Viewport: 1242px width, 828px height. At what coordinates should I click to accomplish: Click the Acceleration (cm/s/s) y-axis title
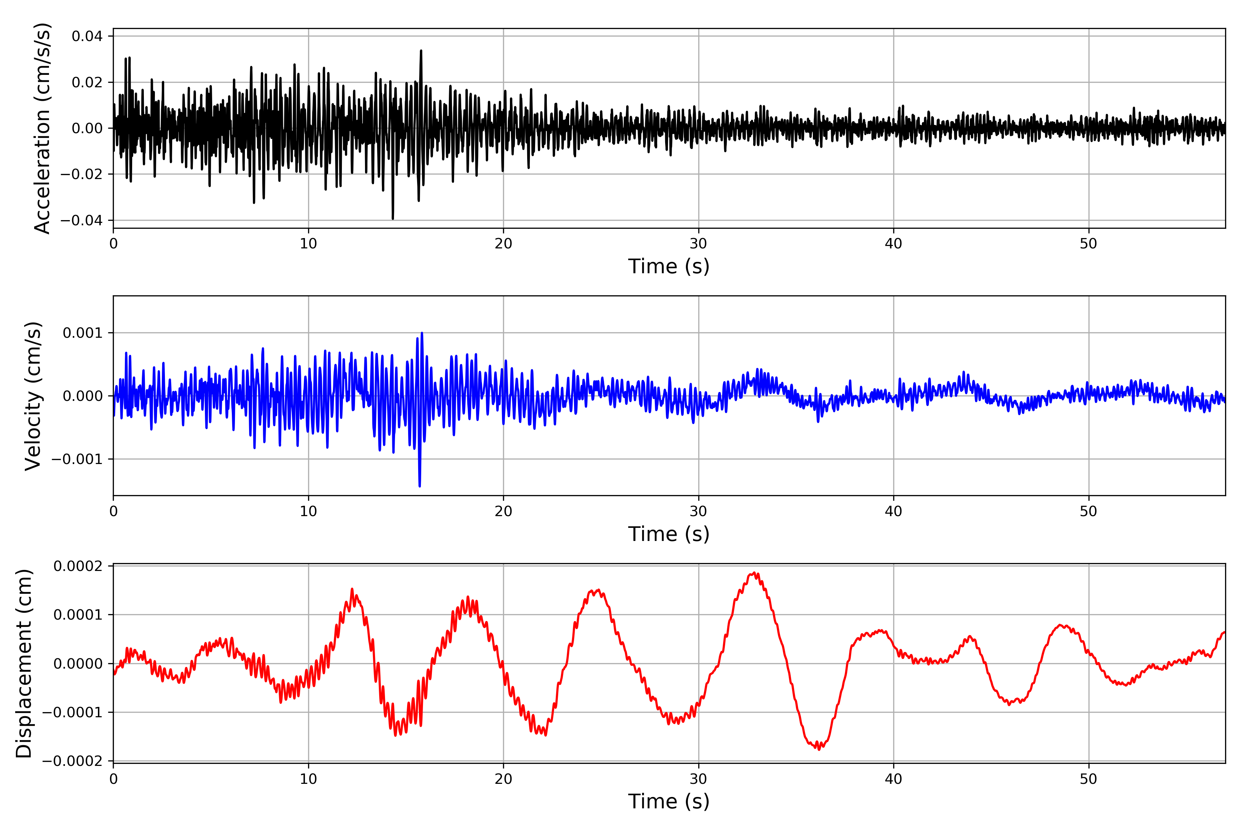[x=42, y=128]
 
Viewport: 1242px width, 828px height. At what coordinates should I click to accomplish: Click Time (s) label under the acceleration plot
[x=669, y=266]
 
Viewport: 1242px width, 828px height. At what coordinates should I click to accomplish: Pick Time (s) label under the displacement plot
[x=669, y=801]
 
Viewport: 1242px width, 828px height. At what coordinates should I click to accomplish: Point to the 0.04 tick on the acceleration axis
[x=87, y=37]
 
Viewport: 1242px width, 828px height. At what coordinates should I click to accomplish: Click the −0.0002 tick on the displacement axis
[x=71, y=761]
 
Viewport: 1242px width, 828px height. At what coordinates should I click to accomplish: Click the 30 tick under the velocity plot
[x=698, y=511]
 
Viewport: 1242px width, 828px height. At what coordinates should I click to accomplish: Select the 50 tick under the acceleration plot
[x=1088, y=244]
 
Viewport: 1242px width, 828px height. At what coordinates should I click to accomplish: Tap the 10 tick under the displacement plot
[x=308, y=779]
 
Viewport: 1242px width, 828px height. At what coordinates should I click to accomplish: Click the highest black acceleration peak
[x=421, y=51]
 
